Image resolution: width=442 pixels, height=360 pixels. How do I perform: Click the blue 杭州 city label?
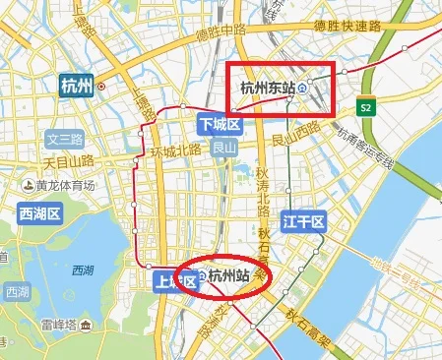point(77,85)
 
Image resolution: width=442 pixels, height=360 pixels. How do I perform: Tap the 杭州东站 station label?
point(268,89)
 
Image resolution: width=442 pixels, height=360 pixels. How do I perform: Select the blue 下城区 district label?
point(219,125)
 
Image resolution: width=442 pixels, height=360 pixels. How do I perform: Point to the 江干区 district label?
point(302,223)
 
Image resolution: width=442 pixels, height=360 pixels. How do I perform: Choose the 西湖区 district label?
point(39,212)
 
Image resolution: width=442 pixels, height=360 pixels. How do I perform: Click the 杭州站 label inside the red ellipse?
point(228,277)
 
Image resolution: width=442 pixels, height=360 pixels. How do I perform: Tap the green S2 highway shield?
point(365,106)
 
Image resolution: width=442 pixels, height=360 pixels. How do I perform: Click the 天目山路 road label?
point(68,158)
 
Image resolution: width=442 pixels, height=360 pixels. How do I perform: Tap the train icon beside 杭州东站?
point(303,89)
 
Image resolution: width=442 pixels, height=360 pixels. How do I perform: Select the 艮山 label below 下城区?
point(224,148)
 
